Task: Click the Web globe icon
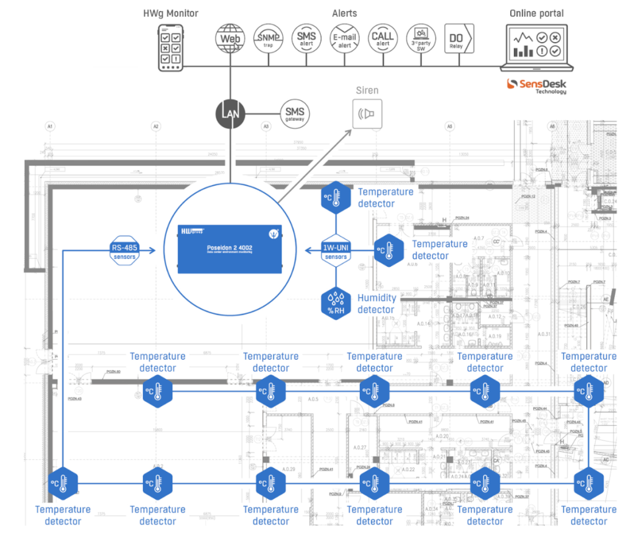tap(230, 38)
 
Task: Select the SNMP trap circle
tap(268, 39)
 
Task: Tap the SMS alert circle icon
tap(306, 39)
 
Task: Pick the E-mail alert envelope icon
tap(344, 39)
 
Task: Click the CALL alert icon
tap(383, 39)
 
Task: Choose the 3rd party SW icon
tap(420, 39)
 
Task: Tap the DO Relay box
tap(459, 39)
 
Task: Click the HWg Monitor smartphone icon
tap(171, 47)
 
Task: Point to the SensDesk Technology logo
tap(536, 85)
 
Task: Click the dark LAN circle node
tap(230, 114)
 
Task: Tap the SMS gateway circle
tap(295, 114)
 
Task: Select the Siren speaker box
tap(367, 114)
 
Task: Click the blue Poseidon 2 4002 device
tap(230, 249)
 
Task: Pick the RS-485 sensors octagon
tap(124, 251)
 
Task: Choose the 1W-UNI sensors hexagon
tap(336, 251)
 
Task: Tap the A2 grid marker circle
tap(156, 126)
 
